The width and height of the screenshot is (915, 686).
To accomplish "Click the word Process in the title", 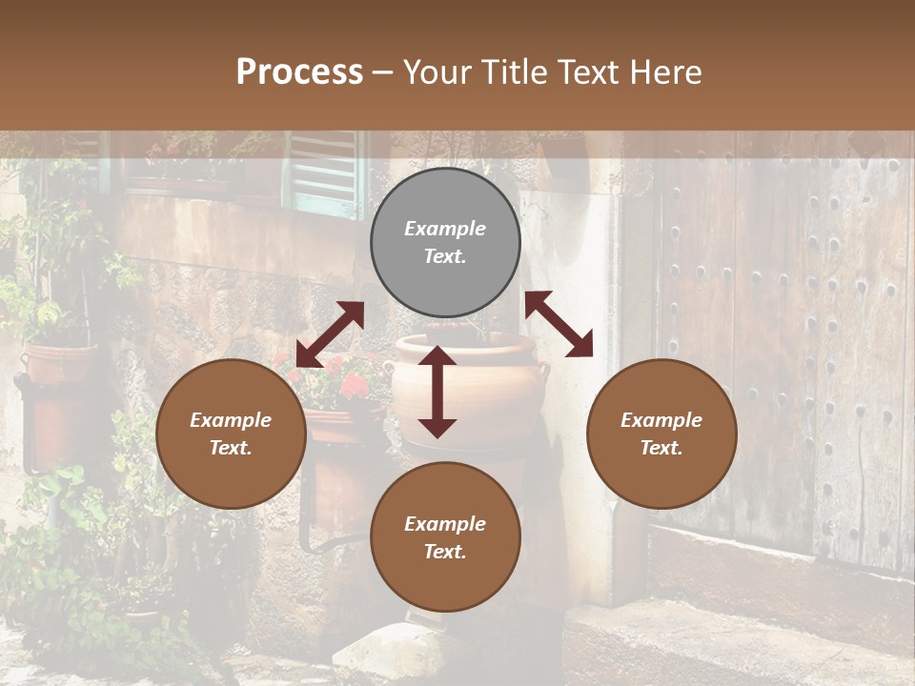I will click(x=299, y=72).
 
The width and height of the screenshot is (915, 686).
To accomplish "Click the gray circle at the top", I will click(x=445, y=243).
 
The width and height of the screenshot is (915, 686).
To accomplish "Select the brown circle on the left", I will click(x=231, y=434).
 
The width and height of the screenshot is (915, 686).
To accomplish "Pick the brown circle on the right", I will click(x=661, y=434).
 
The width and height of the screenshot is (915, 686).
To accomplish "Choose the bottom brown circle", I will click(x=445, y=536).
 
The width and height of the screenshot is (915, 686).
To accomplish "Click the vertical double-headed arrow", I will click(x=437, y=392).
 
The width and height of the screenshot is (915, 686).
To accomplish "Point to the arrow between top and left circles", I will click(x=330, y=334).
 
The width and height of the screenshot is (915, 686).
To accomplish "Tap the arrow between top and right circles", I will click(x=559, y=324).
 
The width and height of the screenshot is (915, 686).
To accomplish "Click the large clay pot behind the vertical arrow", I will click(x=496, y=381).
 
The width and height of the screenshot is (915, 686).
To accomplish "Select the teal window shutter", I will click(x=324, y=171).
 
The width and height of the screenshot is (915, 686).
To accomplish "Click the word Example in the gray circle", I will click(x=445, y=229).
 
